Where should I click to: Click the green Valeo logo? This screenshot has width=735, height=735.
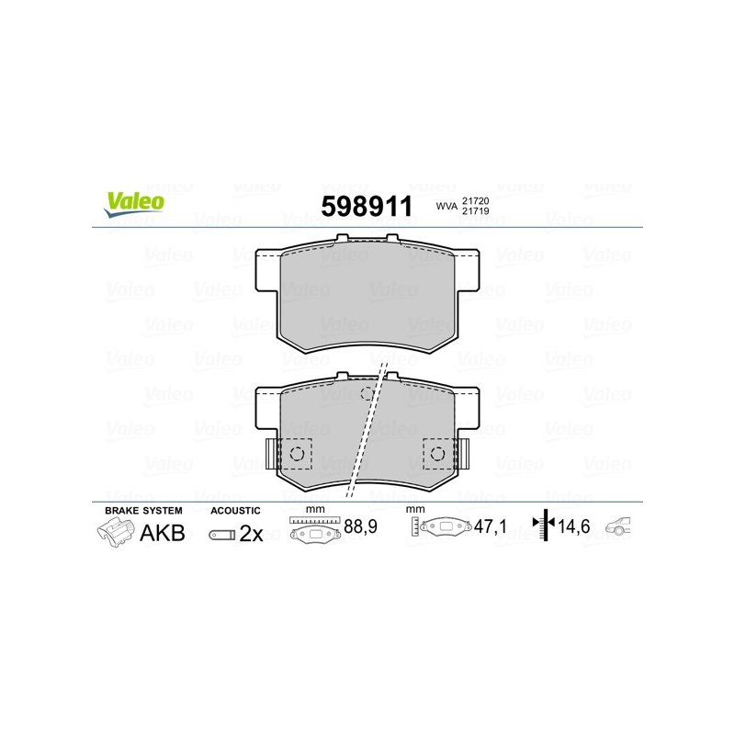point(134,204)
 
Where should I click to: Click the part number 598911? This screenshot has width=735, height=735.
point(367,206)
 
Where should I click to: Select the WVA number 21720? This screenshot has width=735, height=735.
point(475,200)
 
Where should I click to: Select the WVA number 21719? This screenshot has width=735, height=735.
point(475,211)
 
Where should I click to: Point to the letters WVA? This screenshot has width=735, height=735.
point(447,206)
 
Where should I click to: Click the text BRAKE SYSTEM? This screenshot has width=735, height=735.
point(143,511)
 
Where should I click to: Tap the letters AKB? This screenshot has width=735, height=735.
point(163,533)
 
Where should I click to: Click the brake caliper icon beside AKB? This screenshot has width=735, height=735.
point(116,534)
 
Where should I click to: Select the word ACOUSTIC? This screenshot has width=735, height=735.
point(235,511)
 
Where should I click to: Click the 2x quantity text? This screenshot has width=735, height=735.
point(251,534)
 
